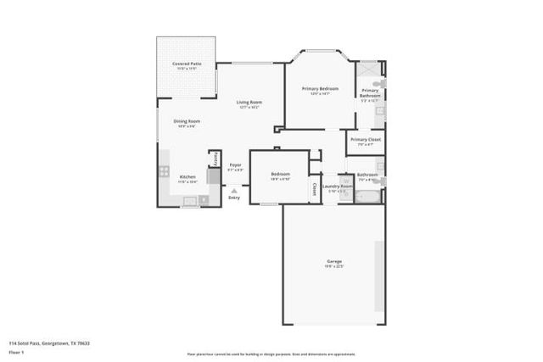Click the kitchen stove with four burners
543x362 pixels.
tap(164, 171)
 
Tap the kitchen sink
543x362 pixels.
tap(190, 202)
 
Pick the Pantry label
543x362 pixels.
tap(215, 159)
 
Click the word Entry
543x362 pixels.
tap(234, 198)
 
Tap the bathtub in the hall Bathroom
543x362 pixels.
tap(367, 198)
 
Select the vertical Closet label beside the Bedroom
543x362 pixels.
tap(315, 188)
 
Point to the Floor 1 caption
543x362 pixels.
tap(16, 351)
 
